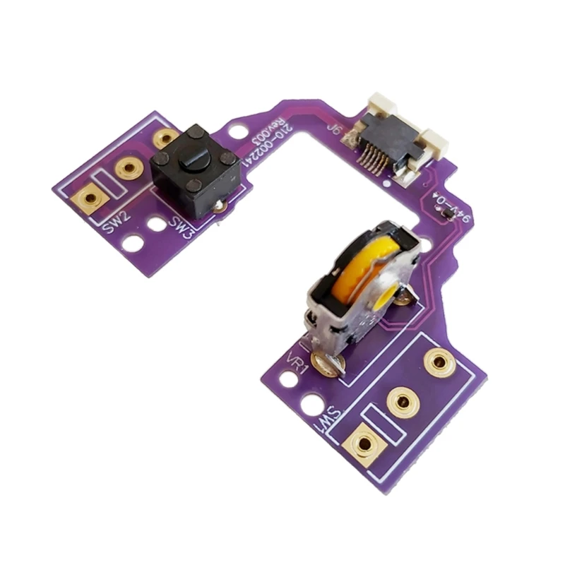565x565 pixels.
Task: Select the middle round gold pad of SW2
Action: [129, 167]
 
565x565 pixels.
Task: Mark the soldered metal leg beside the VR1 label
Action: [331, 364]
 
